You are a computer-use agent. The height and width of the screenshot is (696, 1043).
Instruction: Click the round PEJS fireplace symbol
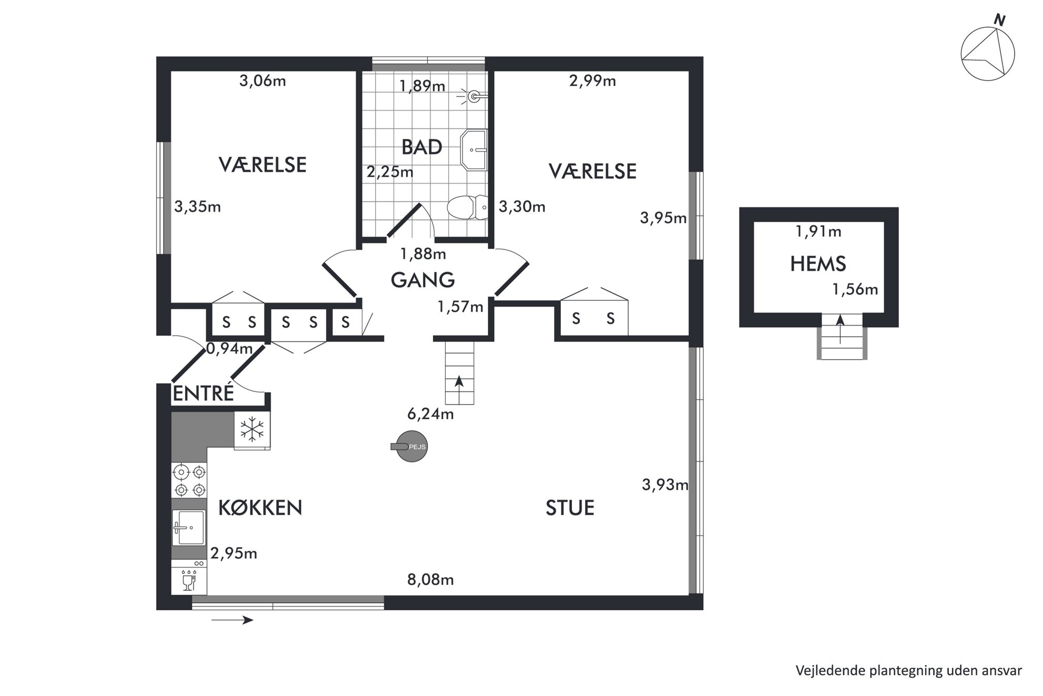click(411, 447)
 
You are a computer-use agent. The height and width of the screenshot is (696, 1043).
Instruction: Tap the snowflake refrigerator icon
click(252, 430)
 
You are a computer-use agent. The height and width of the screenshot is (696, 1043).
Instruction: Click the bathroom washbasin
click(474, 150)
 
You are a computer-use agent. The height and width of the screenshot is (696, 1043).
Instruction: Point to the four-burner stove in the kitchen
click(189, 480)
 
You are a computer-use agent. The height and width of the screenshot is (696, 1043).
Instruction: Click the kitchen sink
click(189, 528)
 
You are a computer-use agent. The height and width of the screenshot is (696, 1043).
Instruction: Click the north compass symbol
click(988, 53)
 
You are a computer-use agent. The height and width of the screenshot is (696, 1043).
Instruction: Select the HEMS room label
click(818, 264)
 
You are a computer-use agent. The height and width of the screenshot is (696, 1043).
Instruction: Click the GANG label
click(423, 280)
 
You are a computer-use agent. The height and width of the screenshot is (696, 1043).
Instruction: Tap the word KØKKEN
click(260, 508)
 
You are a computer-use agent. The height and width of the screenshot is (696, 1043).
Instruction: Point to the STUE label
click(570, 508)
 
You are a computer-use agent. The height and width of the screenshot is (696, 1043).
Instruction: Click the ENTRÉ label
click(203, 394)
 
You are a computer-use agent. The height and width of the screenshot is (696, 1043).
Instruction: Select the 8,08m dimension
click(431, 580)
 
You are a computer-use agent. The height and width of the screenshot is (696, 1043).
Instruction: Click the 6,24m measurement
click(431, 414)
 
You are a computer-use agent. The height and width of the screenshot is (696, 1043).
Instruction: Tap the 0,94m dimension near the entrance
click(229, 348)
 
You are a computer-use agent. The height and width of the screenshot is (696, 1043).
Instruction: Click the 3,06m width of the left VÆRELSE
click(263, 81)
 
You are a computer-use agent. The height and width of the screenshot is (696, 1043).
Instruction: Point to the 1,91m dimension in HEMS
click(819, 231)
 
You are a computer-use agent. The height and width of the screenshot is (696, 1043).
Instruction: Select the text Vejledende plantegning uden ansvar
click(909, 671)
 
